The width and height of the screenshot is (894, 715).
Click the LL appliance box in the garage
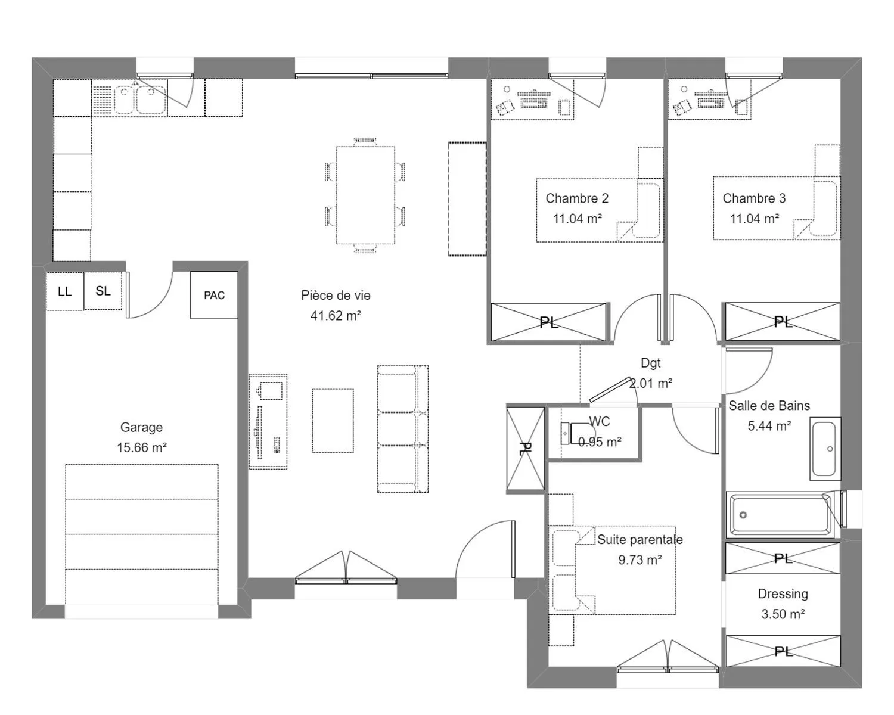click(x=65, y=291)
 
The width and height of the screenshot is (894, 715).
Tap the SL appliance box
click(x=103, y=291)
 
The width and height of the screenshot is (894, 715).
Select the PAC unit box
click(x=215, y=295)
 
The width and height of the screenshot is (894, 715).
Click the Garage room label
click(x=141, y=427)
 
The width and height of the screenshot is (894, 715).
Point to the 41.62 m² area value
click(x=336, y=316)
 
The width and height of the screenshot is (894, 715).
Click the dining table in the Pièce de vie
click(x=365, y=195)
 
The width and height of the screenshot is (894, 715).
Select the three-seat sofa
click(x=402, y=429)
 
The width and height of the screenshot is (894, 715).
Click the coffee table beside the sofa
click(x=333, y=421)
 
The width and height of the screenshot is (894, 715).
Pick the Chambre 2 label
click(x=577, y=198)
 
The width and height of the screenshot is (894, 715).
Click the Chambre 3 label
click(x=754, y=198)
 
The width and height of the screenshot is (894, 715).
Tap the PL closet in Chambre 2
click(x=548, y=322)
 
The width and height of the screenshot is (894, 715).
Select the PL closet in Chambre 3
click(x=783, y=321)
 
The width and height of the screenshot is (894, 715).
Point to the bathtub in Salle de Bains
click(x=781, y=515)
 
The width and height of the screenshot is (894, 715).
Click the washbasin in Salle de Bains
click(x=825, y=449)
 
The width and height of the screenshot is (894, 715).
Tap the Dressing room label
click(x=783, y=593)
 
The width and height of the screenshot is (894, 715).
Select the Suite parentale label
click(x=640, y=539)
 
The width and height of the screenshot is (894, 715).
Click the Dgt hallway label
click(x=651, y=363)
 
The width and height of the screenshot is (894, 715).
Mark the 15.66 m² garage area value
click(x=142, y=447)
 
